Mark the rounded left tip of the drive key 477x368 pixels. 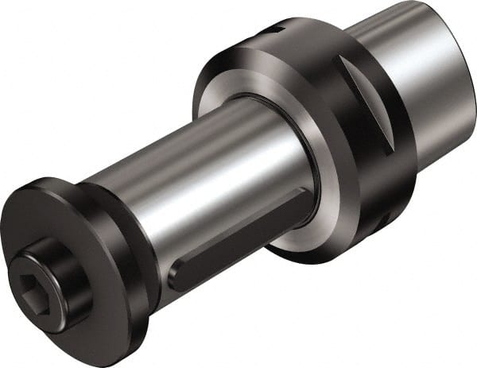[176, 279]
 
